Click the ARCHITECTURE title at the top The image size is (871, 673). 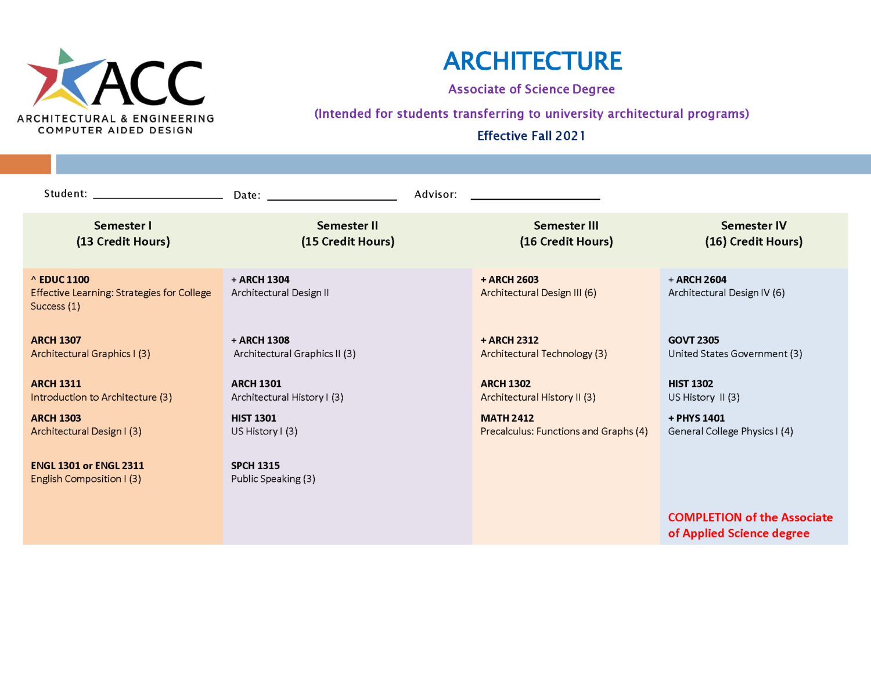tap(532, 61)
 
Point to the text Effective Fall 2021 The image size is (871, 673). tap(531, 136)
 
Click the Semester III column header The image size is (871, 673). tap(566, 233)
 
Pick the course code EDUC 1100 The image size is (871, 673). tap(64, 280)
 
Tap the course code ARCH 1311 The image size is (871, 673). tap(56, 384)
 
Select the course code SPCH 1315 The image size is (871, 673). tap(255, 466)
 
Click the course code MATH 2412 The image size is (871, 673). tap(507, 418)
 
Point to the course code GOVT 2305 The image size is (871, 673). tap(693, 340)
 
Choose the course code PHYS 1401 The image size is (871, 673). tap(700, 418)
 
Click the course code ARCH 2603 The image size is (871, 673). tap(513, 280)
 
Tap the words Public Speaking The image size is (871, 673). tap(266, 479)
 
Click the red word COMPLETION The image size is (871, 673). tap(704, 517)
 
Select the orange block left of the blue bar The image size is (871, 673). tap(26, 164)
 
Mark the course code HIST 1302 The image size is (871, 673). tap(690, 384)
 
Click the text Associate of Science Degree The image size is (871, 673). tap(531, 89)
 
